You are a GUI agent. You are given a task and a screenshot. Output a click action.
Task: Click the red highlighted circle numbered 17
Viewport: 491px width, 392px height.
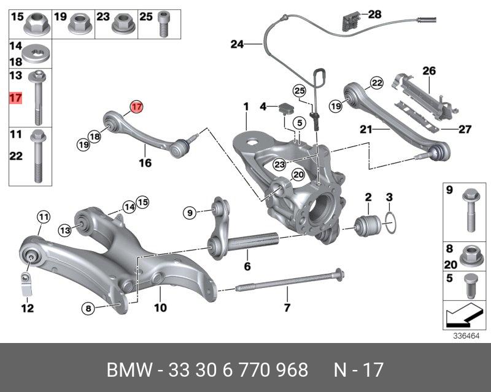click(x=137, y=107)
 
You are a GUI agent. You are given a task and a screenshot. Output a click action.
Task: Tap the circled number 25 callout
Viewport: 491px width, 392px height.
click(x=300, y=91)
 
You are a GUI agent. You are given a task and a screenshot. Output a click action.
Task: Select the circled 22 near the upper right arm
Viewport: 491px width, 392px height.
click(x=376, y=83)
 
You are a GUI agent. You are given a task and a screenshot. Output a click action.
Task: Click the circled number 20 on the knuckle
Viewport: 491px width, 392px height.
click(x=298, y=175)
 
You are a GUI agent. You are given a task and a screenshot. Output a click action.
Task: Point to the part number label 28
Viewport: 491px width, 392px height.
click(x=375, y=14)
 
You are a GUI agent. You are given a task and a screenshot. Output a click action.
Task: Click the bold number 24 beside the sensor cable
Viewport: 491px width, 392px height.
click(x=237, y=44)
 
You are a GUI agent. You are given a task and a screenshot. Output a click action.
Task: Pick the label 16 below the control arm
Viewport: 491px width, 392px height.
click(x=145, y=162)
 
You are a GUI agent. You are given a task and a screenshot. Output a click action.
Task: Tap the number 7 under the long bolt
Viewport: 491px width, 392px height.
click(x=287, y=307)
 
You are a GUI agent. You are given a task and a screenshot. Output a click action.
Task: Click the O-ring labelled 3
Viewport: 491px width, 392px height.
click(x=390, y=222)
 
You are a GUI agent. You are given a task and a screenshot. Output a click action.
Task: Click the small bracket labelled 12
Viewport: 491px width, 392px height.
click(x=26, y=284)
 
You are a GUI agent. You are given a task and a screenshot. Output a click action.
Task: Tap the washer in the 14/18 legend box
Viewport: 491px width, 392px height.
click(x=36, y=54)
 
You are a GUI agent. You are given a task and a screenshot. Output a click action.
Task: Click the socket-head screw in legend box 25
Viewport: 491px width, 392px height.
click(x=163, y=24)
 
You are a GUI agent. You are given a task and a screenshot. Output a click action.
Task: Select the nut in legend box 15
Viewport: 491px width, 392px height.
click(x=37, y=23)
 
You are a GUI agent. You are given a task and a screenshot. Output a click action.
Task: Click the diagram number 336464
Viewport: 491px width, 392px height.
click(x=466, y=336)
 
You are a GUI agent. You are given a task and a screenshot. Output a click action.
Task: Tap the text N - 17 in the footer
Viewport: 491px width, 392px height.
click(x=358, y=370)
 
